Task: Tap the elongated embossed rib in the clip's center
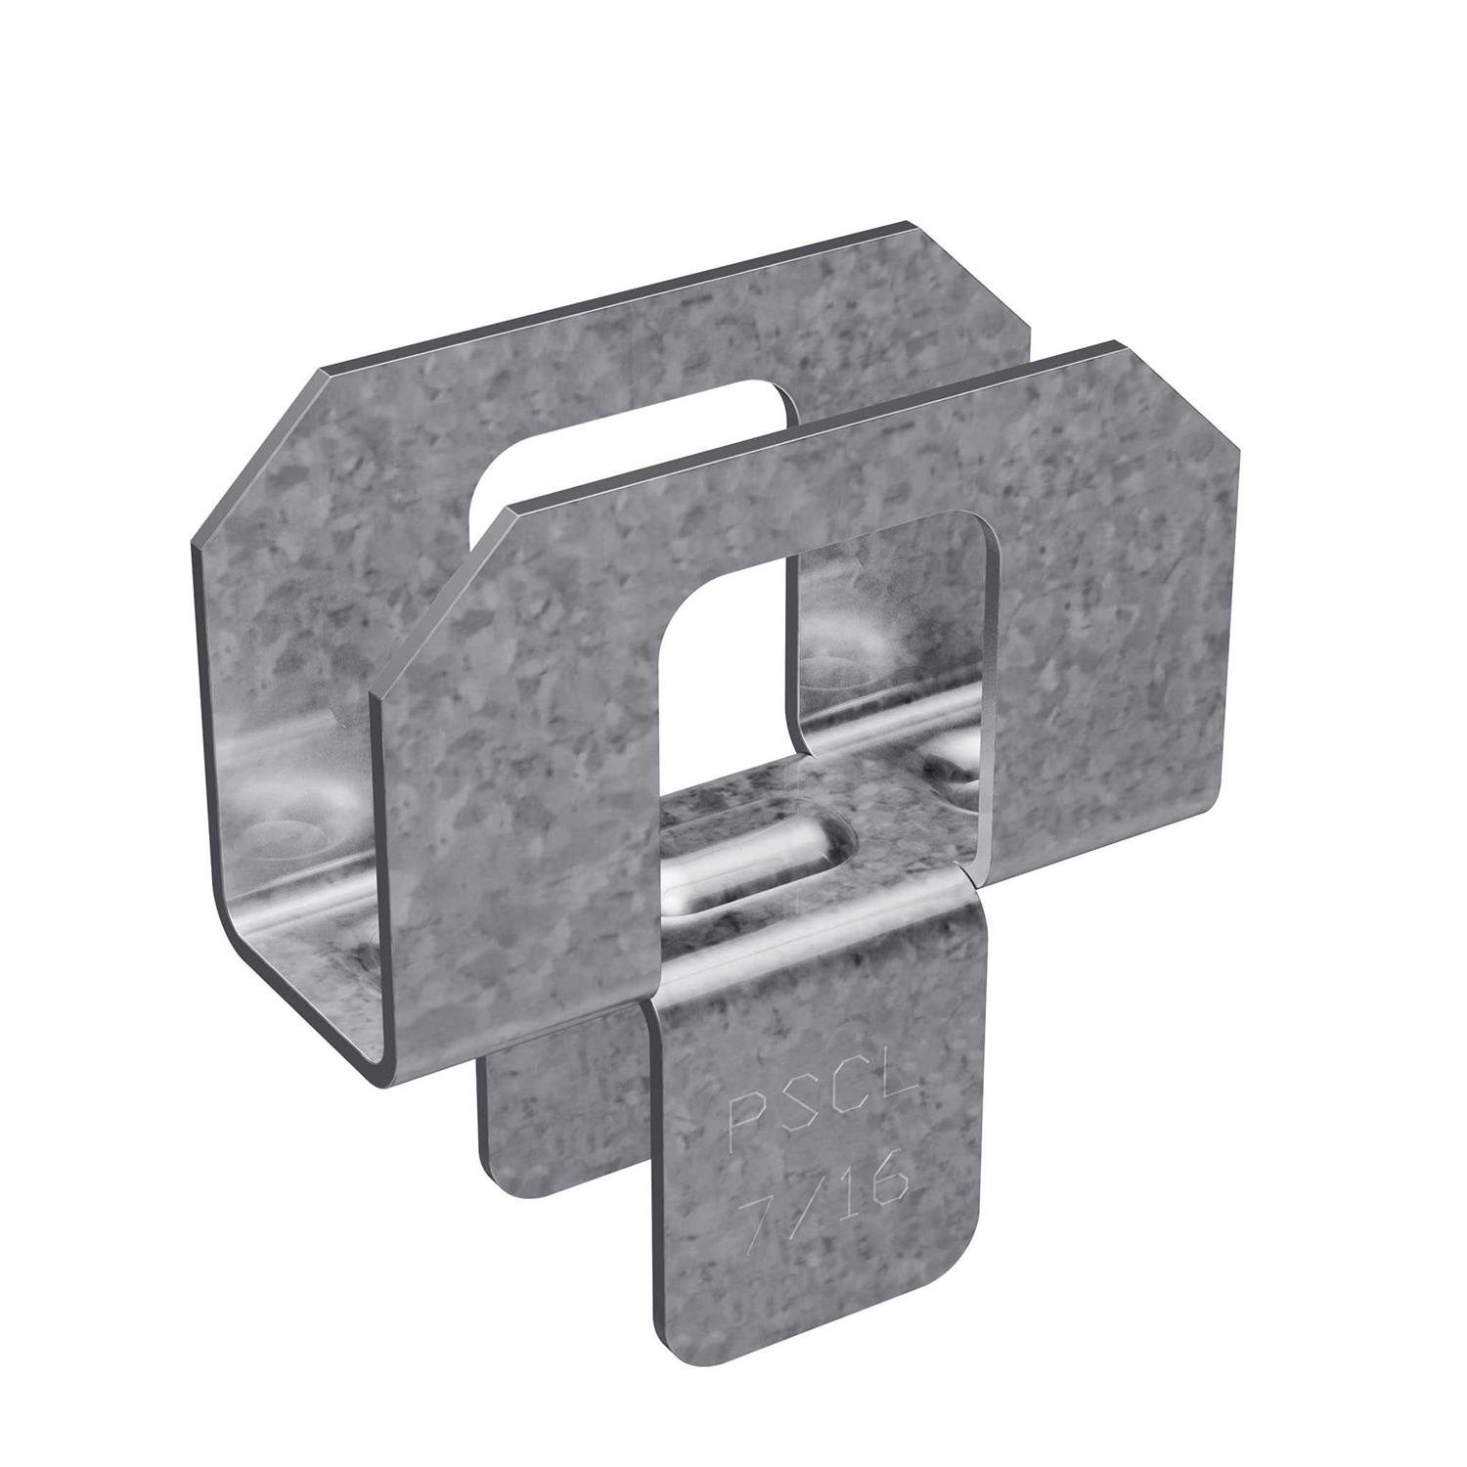[x=753, y=856]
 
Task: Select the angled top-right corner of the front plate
[x=1178, y=391]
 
